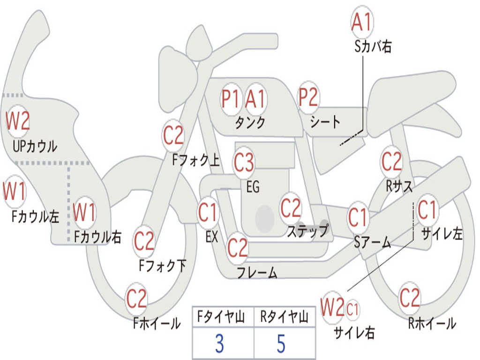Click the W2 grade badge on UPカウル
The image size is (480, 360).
(18, 121)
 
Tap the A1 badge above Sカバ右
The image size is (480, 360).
(361, 22)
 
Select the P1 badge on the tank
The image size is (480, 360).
(231, 99)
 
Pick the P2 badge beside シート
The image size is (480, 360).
(308, 97)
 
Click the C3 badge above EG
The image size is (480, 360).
(244, 162)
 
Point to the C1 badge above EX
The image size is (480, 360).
(208, 213)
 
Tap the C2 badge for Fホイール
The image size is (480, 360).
(137, 299)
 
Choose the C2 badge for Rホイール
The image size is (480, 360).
(409, 298)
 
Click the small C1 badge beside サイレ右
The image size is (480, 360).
(353, 309)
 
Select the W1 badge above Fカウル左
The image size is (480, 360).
(15, 192)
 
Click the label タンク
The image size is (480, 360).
(250, 123)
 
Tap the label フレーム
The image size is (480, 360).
(256, 272)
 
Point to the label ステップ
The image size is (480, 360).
(307, 231)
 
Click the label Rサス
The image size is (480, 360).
(399, 186)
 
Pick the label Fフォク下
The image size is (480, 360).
(162, 266)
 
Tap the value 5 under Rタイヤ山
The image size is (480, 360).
(281, 344)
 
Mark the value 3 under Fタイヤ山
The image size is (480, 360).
(219, 344)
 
